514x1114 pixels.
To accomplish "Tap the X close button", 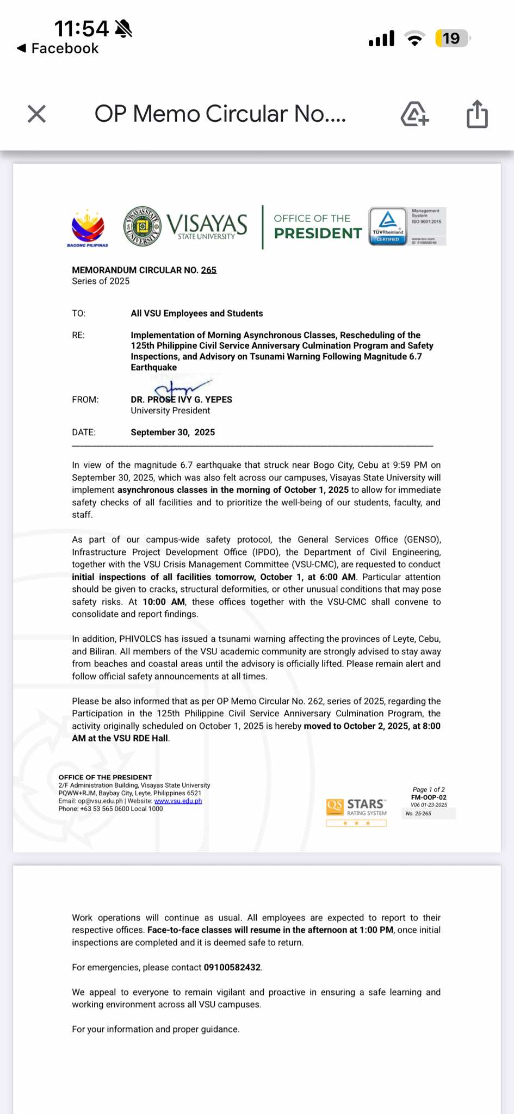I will (x=36, y=114).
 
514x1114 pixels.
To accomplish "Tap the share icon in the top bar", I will (x=477, y=114).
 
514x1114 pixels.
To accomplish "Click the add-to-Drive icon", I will (x=414, y=114).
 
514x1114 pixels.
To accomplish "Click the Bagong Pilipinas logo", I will (x=88, y=228).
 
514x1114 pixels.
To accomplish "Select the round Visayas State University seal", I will (x=142, y=226).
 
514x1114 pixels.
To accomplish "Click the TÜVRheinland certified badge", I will (x=388, y=226).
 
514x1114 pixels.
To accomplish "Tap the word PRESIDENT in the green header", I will (x=318, y=233).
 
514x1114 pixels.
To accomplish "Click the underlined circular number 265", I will (x=209, y=270).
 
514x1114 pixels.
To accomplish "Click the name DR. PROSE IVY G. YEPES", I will (x=181, y=400).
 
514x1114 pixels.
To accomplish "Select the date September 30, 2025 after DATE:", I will (x=172, y=432).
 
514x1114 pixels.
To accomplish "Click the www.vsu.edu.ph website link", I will (x=178, y=801).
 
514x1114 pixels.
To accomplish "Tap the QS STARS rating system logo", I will (x=356, y=809).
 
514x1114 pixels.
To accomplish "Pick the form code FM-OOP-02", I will (x=429, y=797).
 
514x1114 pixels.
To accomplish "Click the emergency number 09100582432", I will (x=232, y=968).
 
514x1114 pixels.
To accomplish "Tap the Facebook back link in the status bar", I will (x=59, y=48).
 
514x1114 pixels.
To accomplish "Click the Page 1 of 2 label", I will (x=429, y=790).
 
